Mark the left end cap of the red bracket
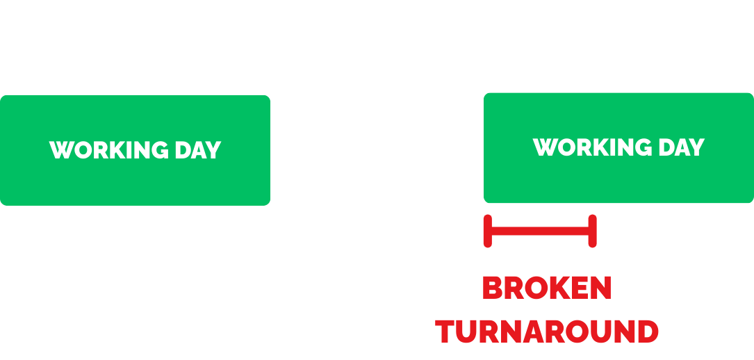(x=488, y=231)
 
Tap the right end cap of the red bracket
(x=592, y=231)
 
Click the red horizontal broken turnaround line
(x=540, y=231)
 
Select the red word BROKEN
(x=547, y=288)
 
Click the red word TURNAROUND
(x=547, y=332)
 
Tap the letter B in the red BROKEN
(x=491, y=288)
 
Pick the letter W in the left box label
(x=60, y=150)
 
